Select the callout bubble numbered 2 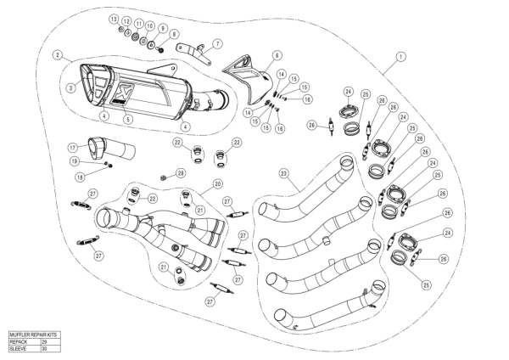coord(56,55)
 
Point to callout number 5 coord(129,120)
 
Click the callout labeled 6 coord(277,55)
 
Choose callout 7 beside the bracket coord(217,43)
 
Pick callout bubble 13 coord(114,19)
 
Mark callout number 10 coord(151,27)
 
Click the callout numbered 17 coord(73,146)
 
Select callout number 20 coord(218,183)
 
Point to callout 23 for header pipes coord(285,173)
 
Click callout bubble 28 coord(181,173)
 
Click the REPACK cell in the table coord(22,341)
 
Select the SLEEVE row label coord(22,348)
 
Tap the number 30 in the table coord(45,348)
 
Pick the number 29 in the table coord(45,341)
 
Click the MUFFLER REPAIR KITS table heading coord(34,335)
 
